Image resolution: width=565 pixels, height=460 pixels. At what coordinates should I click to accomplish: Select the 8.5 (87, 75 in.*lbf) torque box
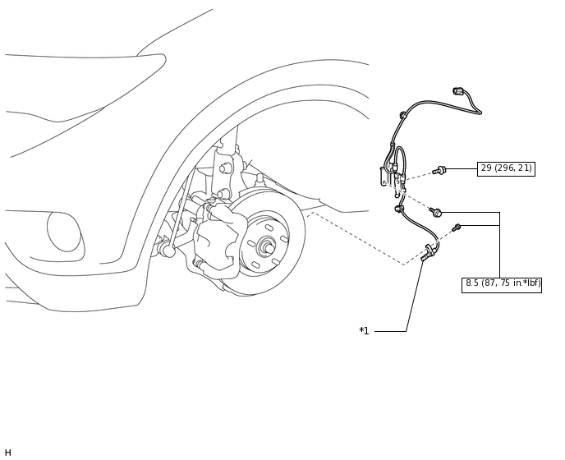pyautogui.click(x=501, y=285)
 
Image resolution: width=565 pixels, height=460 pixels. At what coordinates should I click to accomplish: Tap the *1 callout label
pyautogui.click(x=364, y=331)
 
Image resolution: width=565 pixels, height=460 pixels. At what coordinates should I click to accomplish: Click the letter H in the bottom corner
pyautogui.click(x=8, y=453)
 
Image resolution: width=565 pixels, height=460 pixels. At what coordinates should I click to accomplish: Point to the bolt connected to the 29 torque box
pyautogui.click(x=439, y=171)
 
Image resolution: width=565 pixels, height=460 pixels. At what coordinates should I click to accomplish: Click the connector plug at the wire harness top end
pyautogui.click(x=458, y=91)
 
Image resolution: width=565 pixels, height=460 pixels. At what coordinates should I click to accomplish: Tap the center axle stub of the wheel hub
pyautogui.click(x=268, y=248)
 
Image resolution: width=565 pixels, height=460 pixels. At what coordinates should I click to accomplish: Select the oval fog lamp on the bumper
pyautogui.click(x=64, y=232)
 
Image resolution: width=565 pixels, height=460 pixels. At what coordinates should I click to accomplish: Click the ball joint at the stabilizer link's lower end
pyautogui.click(x=168, y=250)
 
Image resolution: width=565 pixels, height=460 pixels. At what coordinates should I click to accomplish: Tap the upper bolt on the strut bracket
pyautogui.click(x=226, y=168)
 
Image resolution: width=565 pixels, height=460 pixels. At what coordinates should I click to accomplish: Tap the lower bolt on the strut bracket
pyautogui.click(x=223, y=194)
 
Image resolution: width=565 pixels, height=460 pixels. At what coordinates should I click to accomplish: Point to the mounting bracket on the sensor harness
pyautogui.click(x=385, y=177)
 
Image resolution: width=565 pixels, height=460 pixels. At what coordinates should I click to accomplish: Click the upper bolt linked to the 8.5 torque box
pyautogui.click(x=435, y=212)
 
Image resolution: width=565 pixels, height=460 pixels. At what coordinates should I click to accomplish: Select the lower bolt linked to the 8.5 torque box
pyautogui.click(x=457, y=228)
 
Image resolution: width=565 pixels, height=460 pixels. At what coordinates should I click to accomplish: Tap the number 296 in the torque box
pyautogui.click(x=506, y=168)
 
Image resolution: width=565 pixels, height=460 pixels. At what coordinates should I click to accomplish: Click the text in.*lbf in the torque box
pyautogui.click(x=526, y=283)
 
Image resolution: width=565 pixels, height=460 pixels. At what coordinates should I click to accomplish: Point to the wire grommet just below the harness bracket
pyautogui.click(x=399, y=209)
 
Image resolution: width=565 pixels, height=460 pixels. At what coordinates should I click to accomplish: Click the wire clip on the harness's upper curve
pyautogui.click(x=403, y=115)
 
